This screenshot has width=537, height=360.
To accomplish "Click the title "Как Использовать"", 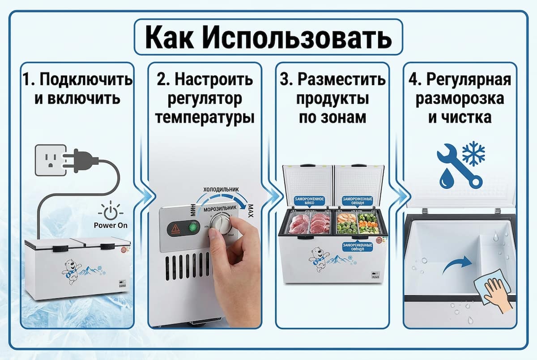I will (268, 36).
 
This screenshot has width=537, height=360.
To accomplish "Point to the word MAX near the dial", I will (251, 209).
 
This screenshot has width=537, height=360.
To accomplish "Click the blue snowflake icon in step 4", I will (473, 154).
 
